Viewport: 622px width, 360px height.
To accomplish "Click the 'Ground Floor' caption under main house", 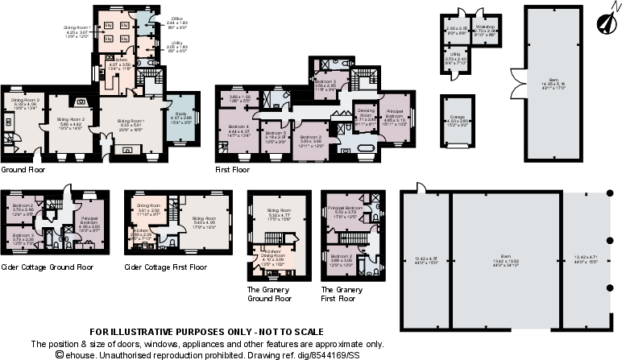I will click(x=22, y=170).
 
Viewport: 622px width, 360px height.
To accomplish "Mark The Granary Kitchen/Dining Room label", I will click(x=270, y=255).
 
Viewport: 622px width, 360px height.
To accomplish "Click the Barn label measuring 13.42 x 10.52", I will click(x=480, y=257).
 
